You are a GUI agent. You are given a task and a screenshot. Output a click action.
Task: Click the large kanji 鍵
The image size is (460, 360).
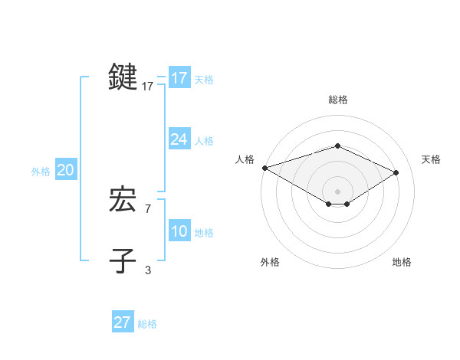point(123,77)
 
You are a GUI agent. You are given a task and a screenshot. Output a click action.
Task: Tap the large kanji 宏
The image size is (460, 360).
point(123,200)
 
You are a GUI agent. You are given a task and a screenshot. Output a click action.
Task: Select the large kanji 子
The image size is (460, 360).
point(123,260)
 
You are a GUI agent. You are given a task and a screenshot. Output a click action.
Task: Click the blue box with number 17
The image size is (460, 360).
point(179,78)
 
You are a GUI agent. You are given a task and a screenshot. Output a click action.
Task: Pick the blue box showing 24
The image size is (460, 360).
point(179,139)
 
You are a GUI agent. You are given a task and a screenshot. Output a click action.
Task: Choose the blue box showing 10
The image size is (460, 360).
point(179,231)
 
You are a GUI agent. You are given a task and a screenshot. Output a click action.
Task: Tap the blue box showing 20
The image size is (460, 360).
point(65,170)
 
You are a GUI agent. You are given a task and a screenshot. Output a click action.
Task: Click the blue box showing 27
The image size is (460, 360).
point(122,322)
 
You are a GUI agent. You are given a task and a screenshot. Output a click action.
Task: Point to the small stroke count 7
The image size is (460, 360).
point(148,208)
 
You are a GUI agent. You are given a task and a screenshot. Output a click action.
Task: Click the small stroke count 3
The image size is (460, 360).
point(148,270)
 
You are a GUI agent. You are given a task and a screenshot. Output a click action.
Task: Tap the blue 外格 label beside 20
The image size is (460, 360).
point(41,172)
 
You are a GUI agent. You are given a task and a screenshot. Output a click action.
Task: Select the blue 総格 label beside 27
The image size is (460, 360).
point(147,324)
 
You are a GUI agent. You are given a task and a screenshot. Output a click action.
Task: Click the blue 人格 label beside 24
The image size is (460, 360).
point(204,141)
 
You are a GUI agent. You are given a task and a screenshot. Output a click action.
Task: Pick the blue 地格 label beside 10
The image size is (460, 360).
point(204,233)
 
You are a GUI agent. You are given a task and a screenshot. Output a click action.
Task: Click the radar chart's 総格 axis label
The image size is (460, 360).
point(337,100)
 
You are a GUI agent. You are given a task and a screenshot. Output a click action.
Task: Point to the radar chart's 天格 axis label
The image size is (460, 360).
point(432,159)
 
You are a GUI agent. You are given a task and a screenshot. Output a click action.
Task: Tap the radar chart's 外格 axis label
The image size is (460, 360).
point(270,262)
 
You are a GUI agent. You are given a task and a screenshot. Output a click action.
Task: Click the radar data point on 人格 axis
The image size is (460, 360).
point(264,168)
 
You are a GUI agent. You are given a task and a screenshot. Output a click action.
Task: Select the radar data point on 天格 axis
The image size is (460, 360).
point(396,172)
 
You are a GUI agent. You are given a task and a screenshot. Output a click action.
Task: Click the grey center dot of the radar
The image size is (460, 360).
point(337,191)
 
